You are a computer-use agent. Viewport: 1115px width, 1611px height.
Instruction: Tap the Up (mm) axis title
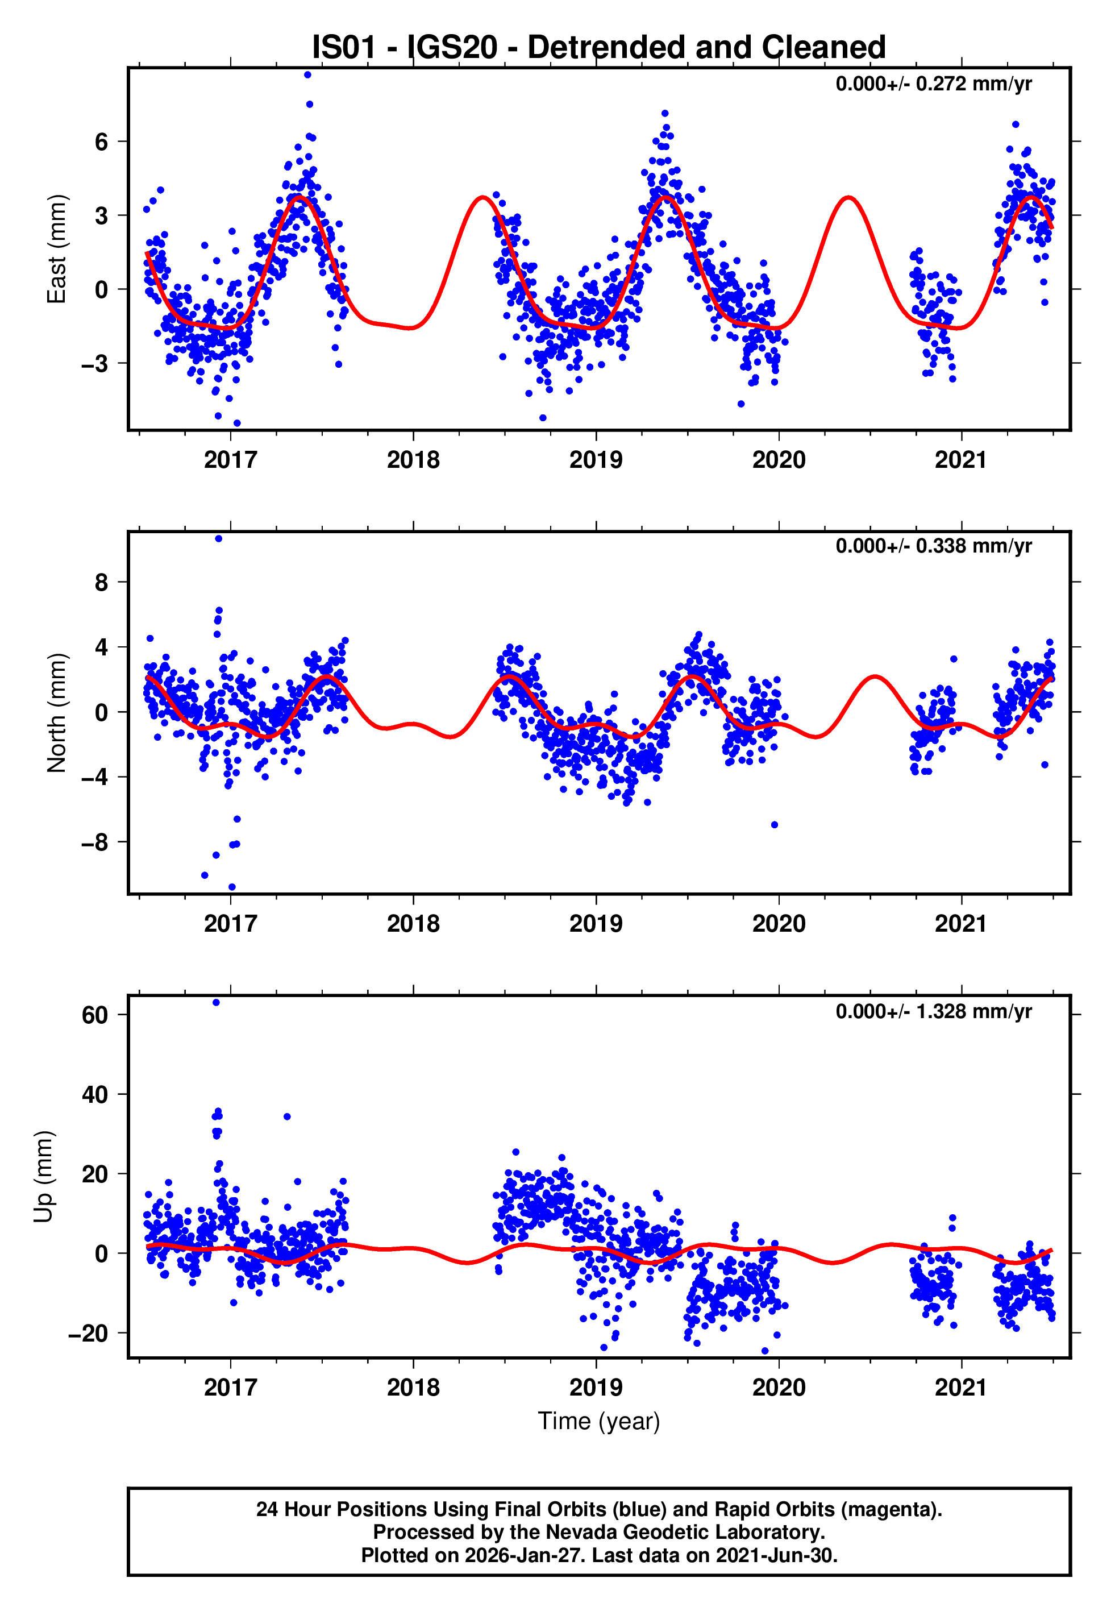click(x=43, y=1177)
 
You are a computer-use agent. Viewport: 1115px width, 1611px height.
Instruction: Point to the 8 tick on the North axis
click(x=101, y=582)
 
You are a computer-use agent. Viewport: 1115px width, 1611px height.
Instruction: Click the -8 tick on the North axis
click(x=94, y=842)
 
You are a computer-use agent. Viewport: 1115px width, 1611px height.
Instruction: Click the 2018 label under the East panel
click(x=413, y=460)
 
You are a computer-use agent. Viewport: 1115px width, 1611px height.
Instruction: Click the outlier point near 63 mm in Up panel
click(x=216, y=1003)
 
